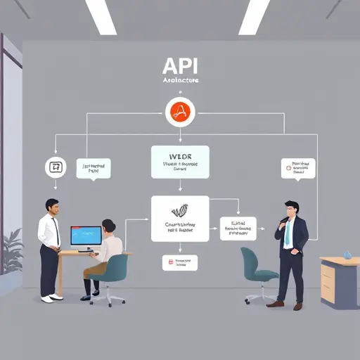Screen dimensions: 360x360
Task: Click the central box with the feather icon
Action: (x=180, y=218)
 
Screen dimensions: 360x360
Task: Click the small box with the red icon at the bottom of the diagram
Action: (x=180, y=263)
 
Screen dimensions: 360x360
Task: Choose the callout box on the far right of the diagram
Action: (x=296, y=167)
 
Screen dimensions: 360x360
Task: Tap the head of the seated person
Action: (x=108, y=226)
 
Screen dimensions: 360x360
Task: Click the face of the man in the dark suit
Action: (x=291, y=210)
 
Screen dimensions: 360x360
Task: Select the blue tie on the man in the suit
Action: (x=287, y=236)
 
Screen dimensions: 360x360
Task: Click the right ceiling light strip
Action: (x=254, y=15)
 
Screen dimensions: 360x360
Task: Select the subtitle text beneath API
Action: (x=179, y=81)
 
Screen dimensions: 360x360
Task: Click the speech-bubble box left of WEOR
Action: (x=96, y=167)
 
